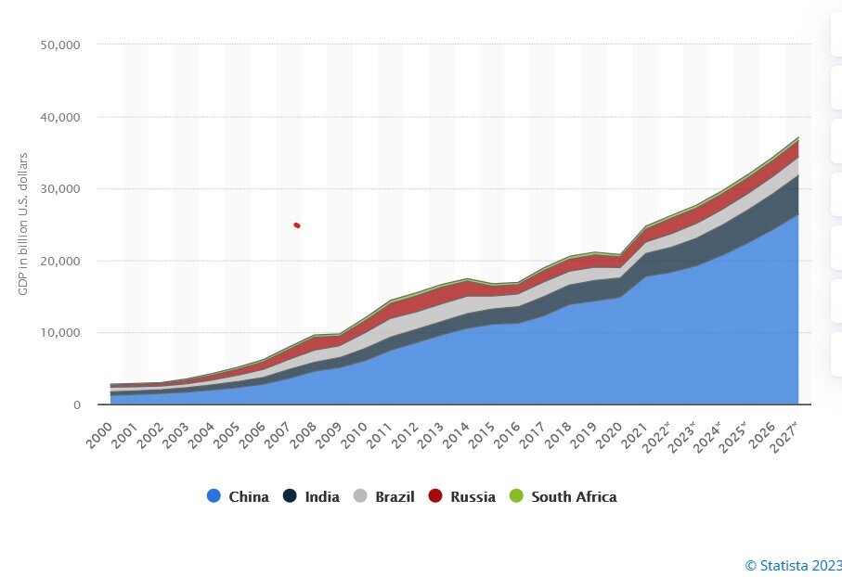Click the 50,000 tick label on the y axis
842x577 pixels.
[62, 45]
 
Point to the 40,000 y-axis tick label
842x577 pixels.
[62, 117]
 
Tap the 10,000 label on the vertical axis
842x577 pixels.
[62, 333]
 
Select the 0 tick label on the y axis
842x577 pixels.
[76, 405]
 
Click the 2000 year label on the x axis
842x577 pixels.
[99, 429]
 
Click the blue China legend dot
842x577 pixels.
[214, 496]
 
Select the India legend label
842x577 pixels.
[322, 496]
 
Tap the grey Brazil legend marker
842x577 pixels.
[360, 496]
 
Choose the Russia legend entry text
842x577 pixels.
[473, 496]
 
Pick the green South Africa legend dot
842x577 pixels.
[517, 496]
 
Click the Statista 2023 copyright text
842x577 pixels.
[794, 564]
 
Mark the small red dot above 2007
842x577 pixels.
[297, 225]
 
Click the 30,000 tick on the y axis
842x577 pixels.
[62, 189]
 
